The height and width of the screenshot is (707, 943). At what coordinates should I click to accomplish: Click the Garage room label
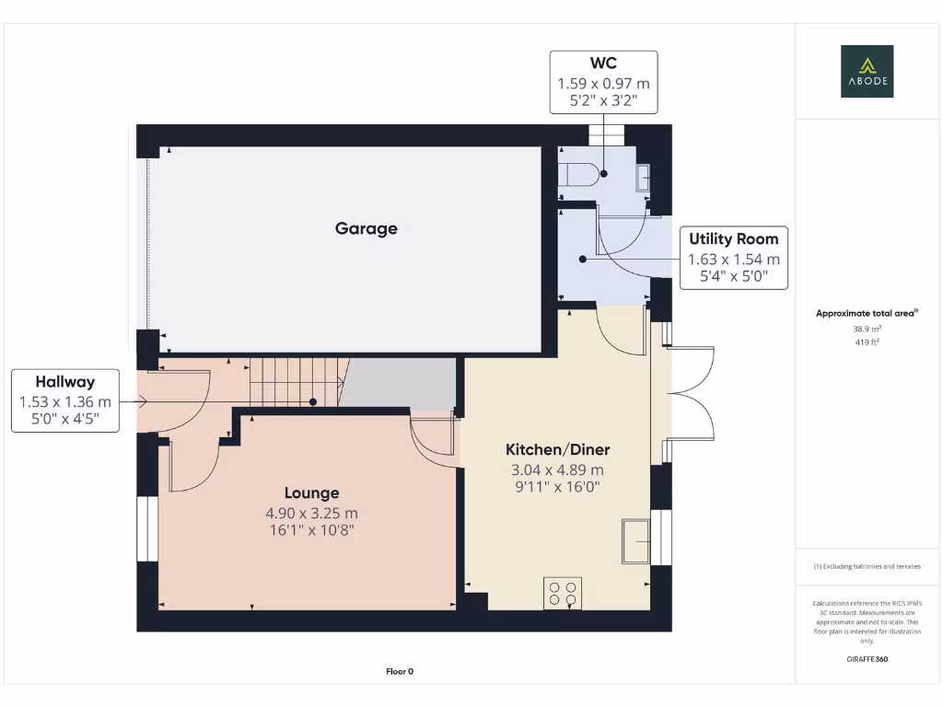(x=366, y=228)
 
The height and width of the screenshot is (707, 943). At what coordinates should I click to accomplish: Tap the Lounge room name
(x=311, y=493)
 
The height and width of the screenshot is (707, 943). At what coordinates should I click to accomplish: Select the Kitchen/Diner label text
(x=557, y=449)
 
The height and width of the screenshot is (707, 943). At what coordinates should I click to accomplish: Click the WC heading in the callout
(x=603, y=64)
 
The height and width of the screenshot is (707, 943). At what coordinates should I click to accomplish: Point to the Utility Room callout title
(x=733, y=238)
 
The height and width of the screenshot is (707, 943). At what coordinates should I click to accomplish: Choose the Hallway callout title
(x=64, y=381)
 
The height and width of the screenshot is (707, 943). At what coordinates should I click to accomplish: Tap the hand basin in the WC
(x=643, y=177)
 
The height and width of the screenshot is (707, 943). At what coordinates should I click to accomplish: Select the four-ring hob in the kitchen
(x=563, y=592)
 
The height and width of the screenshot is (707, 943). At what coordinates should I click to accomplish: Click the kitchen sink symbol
(x=636, y=540)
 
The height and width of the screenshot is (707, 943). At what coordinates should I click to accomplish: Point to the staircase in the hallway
(x=295, y=382)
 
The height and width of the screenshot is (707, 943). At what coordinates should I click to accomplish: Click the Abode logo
(x=867, y=72)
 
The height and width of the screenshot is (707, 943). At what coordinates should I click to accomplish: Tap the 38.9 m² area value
(x=867, y=328)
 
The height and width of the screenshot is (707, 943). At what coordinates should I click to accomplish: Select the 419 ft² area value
(x=867, y=342)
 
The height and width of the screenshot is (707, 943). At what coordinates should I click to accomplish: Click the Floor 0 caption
(x=400, y=671)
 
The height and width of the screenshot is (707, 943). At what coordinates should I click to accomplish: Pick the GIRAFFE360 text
(x=867, y=659)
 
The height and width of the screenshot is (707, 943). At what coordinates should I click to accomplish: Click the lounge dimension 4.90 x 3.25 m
(x=311, y=513)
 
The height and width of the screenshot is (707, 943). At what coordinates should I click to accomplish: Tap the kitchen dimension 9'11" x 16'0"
(x=557, y=488)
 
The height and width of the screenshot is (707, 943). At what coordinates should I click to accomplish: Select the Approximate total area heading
(x=866, y=313)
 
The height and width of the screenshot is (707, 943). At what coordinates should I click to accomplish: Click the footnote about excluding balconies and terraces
(x=867, y=566)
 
